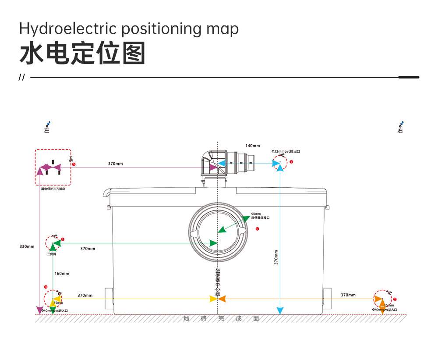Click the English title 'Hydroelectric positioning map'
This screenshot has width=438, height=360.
[129, 29]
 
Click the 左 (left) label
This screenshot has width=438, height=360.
[47, 130]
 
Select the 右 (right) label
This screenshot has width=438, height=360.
[400, 130]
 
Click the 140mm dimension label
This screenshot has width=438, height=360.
[252, 146]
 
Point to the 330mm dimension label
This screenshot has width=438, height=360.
[27, 246]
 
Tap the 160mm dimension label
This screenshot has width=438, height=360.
[62, 274]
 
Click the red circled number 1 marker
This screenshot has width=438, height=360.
[291, 161]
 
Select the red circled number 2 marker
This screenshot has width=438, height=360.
[395, 299]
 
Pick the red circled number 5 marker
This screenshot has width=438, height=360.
[74, 164]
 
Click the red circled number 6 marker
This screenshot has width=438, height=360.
[257, 228]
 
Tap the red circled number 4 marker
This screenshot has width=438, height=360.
[63, 239]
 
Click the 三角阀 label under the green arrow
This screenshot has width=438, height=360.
[52, 254]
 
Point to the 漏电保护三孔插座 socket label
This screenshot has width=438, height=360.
[53, 189]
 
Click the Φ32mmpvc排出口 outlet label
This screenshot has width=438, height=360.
[286, 151]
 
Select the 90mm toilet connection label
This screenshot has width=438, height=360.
[260, 216]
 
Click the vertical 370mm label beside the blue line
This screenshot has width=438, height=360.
[276, 257]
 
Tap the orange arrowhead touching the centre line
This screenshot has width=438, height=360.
[222, 299]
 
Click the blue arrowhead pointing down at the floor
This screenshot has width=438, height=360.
[280, 311]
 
